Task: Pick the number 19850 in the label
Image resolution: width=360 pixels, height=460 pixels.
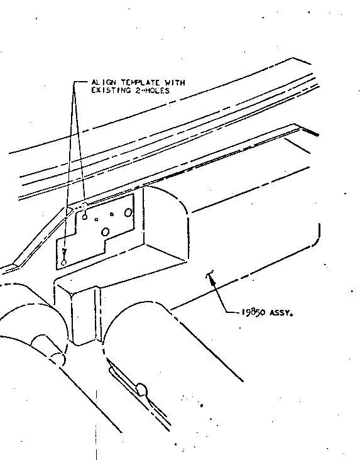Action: tap(254, 312)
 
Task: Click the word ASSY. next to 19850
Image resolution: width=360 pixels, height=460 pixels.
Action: tap(281, 313)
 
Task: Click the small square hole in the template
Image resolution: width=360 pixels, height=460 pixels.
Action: tap(97, 219)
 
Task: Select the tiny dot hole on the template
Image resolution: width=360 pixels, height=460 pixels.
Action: tap(112, 214)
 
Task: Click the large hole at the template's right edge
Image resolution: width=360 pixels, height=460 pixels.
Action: tap(128, 212)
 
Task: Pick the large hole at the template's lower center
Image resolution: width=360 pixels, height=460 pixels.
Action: tap(105, 232)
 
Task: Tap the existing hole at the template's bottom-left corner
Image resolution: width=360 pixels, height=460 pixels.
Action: tap(63, 263)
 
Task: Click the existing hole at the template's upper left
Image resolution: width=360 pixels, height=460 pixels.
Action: tap(85, 217)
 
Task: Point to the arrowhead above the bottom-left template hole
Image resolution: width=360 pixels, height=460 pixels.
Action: tap(65, 252)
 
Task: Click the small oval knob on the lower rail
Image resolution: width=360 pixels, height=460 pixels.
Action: tap(141, 389)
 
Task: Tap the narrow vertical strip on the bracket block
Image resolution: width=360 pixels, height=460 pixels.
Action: tap(97, 314)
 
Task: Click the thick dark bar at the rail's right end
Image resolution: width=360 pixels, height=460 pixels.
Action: tap(310, 132)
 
